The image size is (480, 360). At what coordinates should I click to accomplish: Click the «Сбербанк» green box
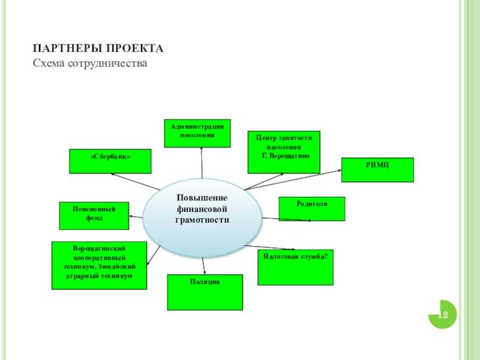(x=110, y=161)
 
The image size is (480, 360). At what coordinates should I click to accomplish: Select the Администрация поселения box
(x=197, y=133)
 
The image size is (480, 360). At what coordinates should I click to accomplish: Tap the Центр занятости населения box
(x=284, y=152)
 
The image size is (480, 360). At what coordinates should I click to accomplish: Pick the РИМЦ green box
(x=377, y=169)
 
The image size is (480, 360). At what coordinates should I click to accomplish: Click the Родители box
(x=312, y=209)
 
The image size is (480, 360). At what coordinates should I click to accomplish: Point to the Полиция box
(x=205, y=292)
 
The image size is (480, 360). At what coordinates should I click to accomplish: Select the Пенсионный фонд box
(x=94, y=216)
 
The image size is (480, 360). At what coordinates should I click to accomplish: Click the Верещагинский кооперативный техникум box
(x=99, y=265)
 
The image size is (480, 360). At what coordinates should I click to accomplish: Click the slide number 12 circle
(x=443, y=314)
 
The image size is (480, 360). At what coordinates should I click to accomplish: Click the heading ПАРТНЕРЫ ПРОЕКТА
(x=98, y=48)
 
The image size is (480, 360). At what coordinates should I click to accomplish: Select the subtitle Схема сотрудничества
(x=90, y=62)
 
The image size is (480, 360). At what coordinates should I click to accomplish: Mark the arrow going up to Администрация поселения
(x=202, y=163)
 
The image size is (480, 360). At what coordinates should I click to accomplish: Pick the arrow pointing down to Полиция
(x=205, y=265)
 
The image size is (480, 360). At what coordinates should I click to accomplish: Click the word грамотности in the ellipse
(x=202, y=220)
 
